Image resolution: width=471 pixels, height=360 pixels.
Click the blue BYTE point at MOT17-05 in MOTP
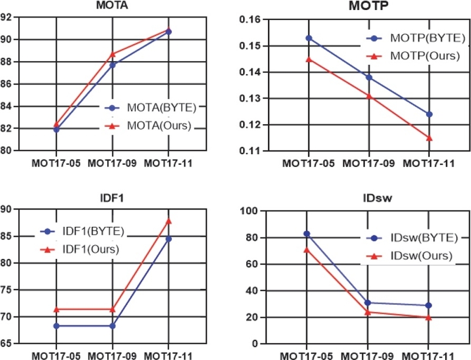click(309, 38)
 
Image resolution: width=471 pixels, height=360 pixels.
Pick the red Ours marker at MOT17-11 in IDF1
click(168, 221)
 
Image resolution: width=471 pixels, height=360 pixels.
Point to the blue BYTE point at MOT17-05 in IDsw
click(307, 234)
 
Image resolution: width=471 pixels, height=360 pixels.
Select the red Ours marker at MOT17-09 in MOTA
click(112, 54)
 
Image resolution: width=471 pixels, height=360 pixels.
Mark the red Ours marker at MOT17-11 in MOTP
click(429, 138)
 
